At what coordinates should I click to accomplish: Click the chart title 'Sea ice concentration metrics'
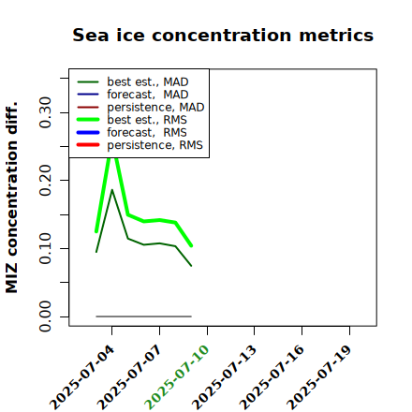(223, 35)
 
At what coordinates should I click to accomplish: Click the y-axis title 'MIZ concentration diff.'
(11, 198)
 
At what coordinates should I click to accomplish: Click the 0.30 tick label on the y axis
(45, 112)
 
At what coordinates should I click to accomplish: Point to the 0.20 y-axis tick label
(45, 181)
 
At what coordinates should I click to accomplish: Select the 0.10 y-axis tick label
(45, 248)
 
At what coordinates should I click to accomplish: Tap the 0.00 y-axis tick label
(45, 316)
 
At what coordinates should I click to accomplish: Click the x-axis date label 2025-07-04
(82, 377)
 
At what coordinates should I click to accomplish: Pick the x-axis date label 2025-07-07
(130, 377)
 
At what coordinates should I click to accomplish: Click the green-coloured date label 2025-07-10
(177, 377)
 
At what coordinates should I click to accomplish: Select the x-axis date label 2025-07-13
(225, 377)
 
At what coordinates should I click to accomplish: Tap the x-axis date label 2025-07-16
(272, 377)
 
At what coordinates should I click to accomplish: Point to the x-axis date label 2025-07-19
(319, 377)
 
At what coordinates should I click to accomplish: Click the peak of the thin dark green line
(112, 190)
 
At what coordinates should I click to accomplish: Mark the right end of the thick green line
(191, 246)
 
